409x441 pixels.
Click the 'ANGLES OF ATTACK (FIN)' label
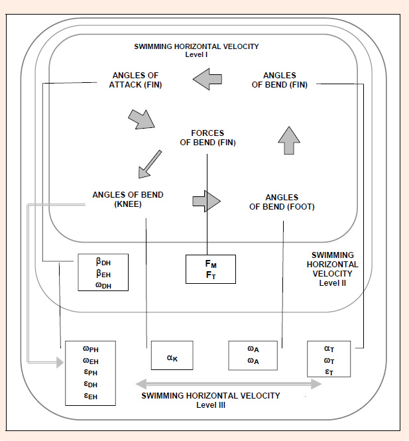tap(135, 80)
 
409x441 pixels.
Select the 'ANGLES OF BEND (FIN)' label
tap(280, 80)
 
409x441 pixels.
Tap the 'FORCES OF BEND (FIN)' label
tap(207, 138)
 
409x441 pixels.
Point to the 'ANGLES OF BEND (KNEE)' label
tap(128, 200)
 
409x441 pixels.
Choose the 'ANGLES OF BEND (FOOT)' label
tap(282, 202)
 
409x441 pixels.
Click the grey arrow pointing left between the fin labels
tap(207, 79)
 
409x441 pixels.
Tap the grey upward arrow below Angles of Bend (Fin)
tap(289, 141)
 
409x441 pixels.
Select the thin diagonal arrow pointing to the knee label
tap(150, 164)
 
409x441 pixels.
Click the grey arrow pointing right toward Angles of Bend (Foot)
tap(207, 201)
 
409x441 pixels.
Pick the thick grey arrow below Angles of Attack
tap(142, 119)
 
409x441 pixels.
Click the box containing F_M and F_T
tap(211, 269)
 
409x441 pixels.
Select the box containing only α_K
tap(172, 355)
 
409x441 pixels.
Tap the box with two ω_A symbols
tap(253, 355)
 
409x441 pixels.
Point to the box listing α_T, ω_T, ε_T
tap(329, 359)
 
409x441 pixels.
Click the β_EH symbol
tap(103, 273)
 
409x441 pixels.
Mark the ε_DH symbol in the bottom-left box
tap(91, 384)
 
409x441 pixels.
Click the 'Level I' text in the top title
tap(196, 54)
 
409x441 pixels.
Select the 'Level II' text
tap(333, 283)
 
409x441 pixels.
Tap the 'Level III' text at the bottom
tap(211, 405)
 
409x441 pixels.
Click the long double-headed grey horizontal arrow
tap(229, 384)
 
